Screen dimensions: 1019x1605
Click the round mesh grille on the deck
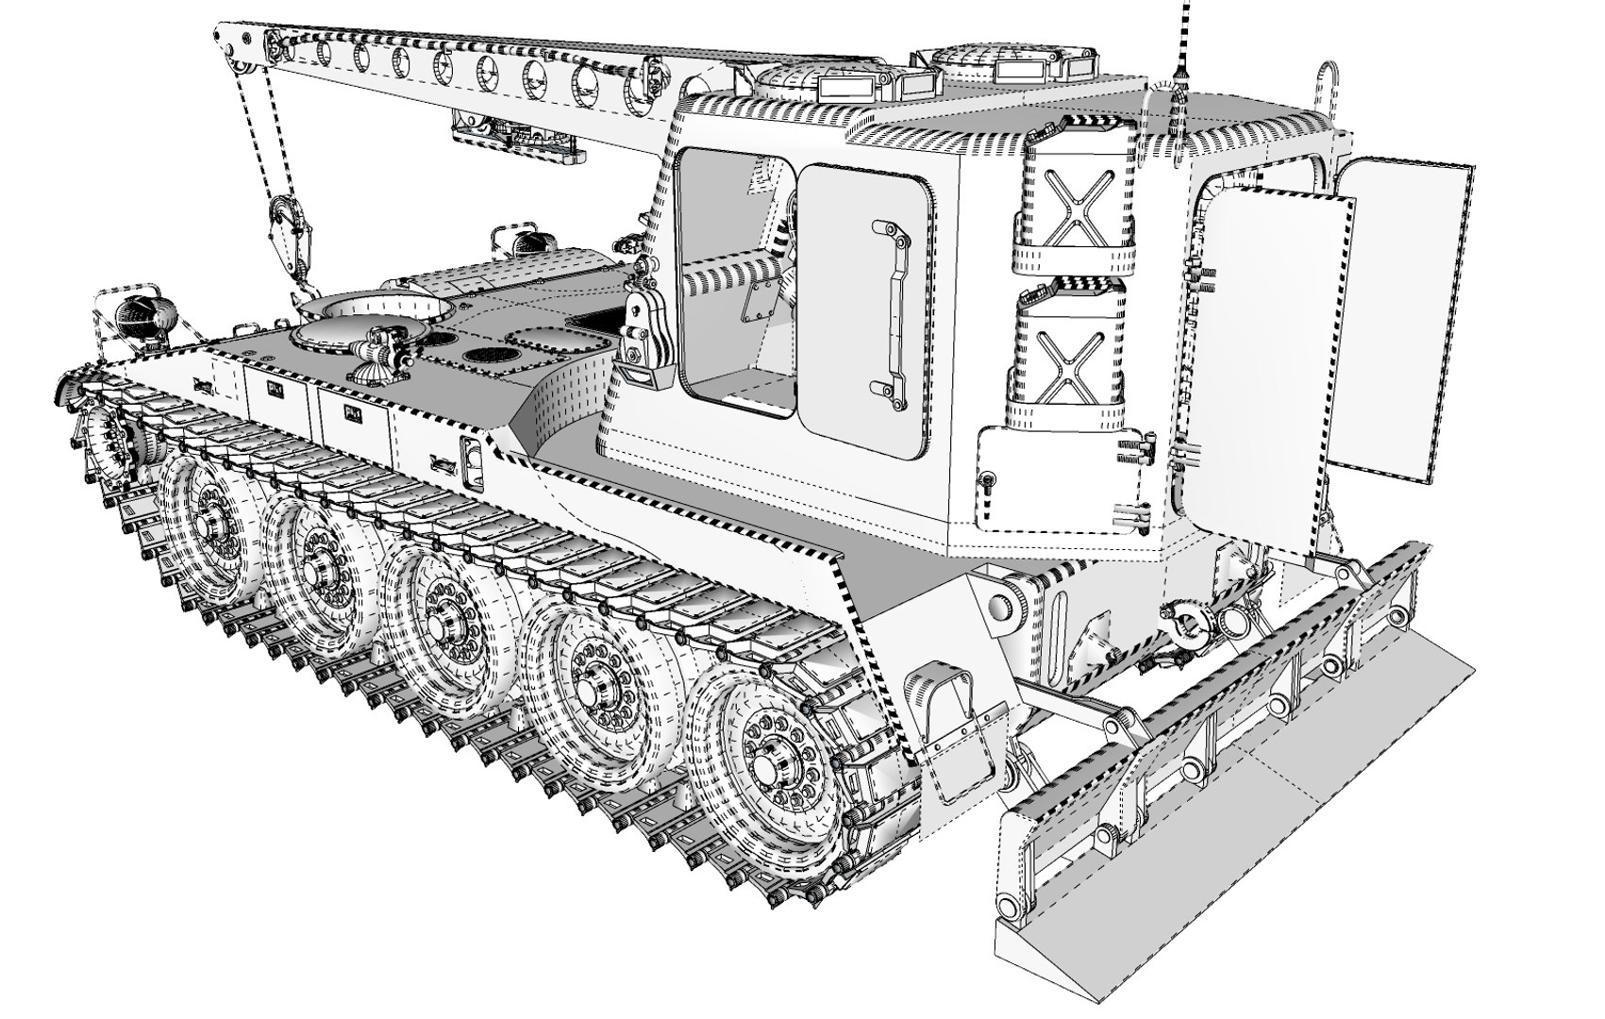493,358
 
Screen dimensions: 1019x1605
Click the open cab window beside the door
731,283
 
